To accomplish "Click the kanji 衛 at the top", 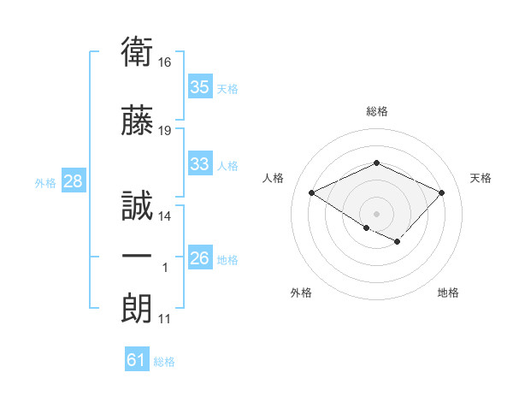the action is (x=137, y=51).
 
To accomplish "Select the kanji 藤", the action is (x=137, y=120).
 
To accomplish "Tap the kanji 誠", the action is (x=137, y=205).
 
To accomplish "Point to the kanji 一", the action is (x=137, y=256).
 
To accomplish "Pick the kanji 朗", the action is (x=137, y=308).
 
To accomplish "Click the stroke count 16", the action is (x=164, y=62).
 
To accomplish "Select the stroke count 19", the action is (x=164, y=131).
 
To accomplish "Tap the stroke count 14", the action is (x=164, y=216).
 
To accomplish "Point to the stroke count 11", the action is (x=164, y=319).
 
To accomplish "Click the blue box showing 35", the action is (x=200, y=86).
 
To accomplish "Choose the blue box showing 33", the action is (x=200, y=163).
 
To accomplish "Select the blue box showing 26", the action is (x=200, y=257).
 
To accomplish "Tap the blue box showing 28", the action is (x=74, y=180).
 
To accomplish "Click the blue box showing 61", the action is (x=137, y=358).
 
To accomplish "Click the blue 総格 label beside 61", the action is (x=164, y=362).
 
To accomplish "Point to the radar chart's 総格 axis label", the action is (x=377, y=111).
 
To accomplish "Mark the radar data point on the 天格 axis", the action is (x=441, y=192).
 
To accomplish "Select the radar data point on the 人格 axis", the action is (x=312, y=192).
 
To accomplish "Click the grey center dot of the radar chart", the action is (x=376, y=214).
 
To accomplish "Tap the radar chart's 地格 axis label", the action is (x=448, y=293).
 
